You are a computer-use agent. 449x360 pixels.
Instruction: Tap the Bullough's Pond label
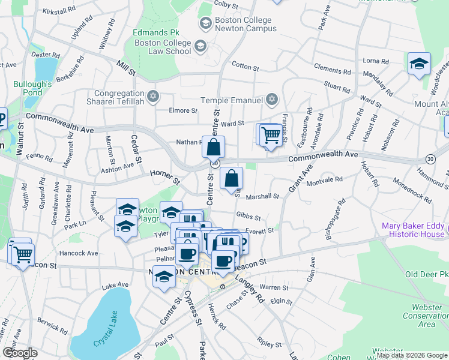click(29, 88)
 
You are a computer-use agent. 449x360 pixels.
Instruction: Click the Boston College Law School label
click(163, 47)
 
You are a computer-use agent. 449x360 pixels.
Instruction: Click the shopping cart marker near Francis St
click(271, 136)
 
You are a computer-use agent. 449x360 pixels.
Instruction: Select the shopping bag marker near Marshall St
click(232, 178)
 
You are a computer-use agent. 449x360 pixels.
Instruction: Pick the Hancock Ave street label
click(79, 253)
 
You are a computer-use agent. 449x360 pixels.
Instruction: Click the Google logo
click(20, 352)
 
